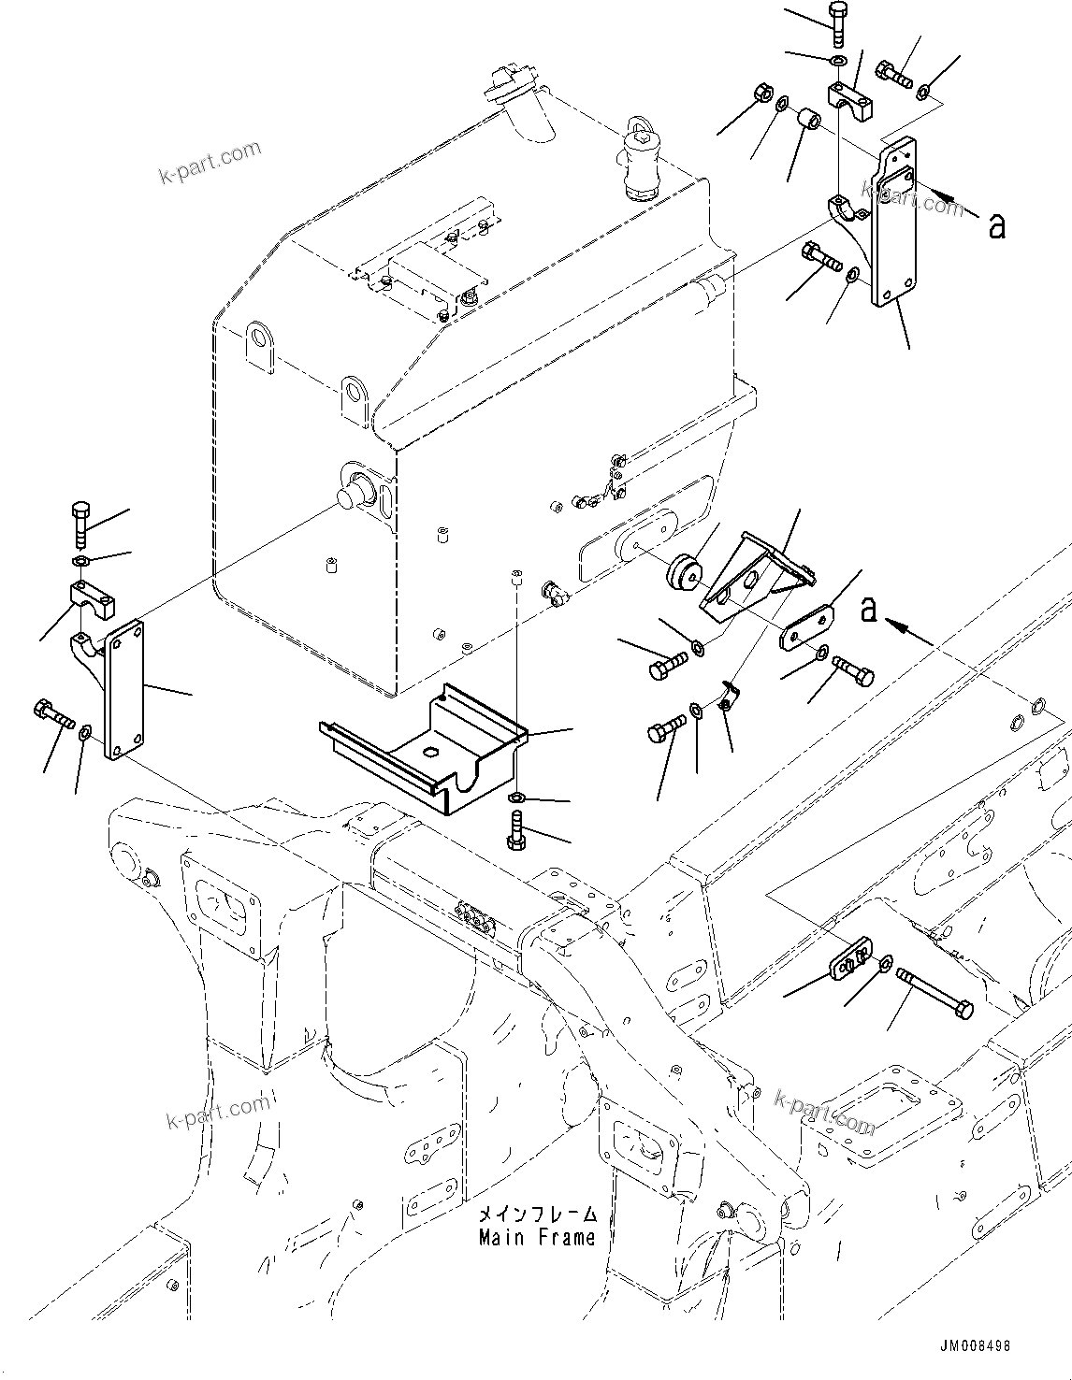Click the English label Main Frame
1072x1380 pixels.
[536, 1238]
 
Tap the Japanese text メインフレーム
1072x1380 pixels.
[536, 1215]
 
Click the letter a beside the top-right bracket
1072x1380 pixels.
[997, 224]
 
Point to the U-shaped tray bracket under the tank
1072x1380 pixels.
[421, 748]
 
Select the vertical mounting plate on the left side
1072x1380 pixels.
[124, 689]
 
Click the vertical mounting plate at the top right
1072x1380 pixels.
[893, 224]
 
